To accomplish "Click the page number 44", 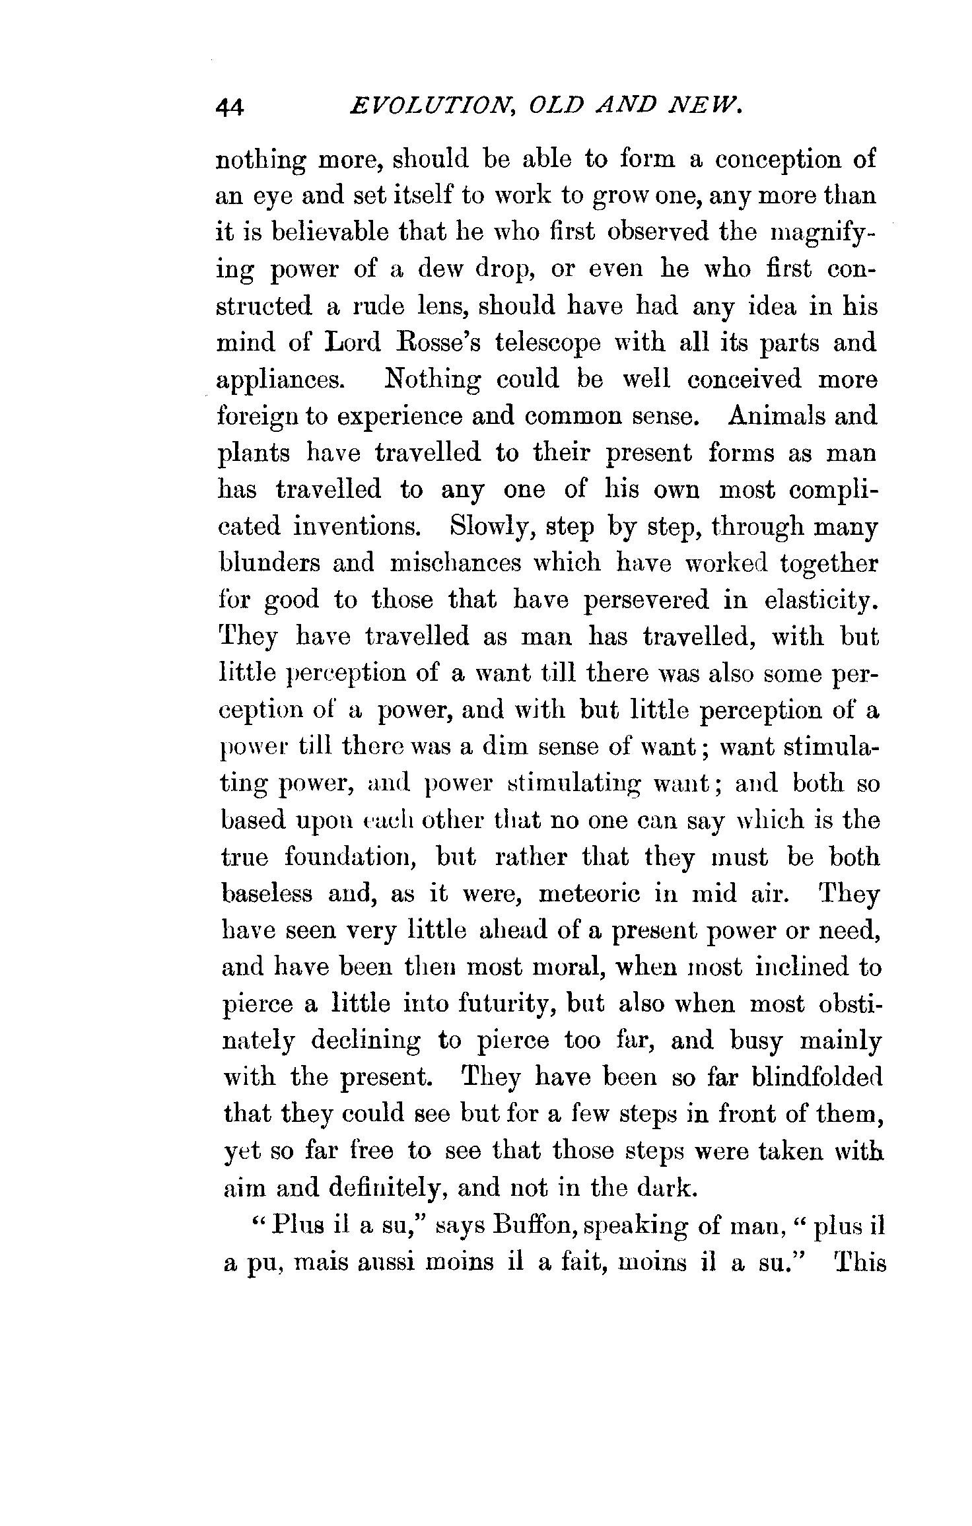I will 230,106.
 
